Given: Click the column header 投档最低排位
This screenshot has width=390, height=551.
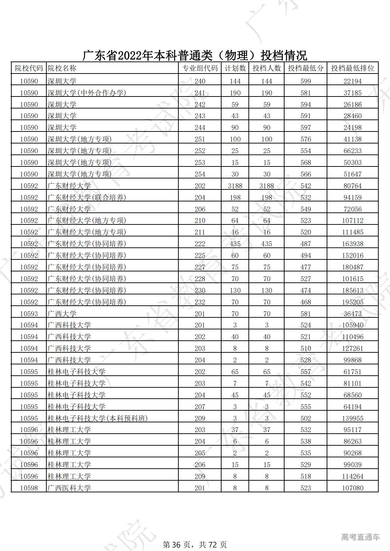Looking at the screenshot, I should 352,68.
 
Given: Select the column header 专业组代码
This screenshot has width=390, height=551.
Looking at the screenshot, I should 200,68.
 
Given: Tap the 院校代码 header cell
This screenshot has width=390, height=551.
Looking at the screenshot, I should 29,68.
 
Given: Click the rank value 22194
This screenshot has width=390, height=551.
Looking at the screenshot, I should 352,81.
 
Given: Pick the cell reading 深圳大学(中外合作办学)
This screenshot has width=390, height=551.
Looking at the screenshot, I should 87,93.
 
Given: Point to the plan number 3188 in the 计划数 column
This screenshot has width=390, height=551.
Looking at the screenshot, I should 235,186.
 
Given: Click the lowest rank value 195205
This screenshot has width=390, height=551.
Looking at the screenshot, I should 352,302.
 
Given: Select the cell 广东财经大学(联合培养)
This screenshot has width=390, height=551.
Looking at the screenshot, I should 87,198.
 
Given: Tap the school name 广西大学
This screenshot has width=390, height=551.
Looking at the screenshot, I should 62,314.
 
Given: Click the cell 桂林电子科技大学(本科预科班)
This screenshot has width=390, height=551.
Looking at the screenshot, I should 98,418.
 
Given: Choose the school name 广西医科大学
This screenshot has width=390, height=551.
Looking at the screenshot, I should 69,488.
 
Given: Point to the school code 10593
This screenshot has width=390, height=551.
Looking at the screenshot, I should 29,314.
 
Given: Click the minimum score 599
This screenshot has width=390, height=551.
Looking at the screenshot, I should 305,81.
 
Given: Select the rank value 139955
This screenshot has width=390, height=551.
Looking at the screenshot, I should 352,418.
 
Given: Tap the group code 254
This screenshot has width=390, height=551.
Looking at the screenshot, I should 200,174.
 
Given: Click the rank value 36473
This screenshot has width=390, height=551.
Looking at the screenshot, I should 352,314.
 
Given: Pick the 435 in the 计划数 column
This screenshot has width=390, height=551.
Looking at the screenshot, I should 235,244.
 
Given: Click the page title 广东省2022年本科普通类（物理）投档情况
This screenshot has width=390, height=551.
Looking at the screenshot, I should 195,55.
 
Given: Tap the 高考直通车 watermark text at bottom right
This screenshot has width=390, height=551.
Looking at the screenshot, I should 360,537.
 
